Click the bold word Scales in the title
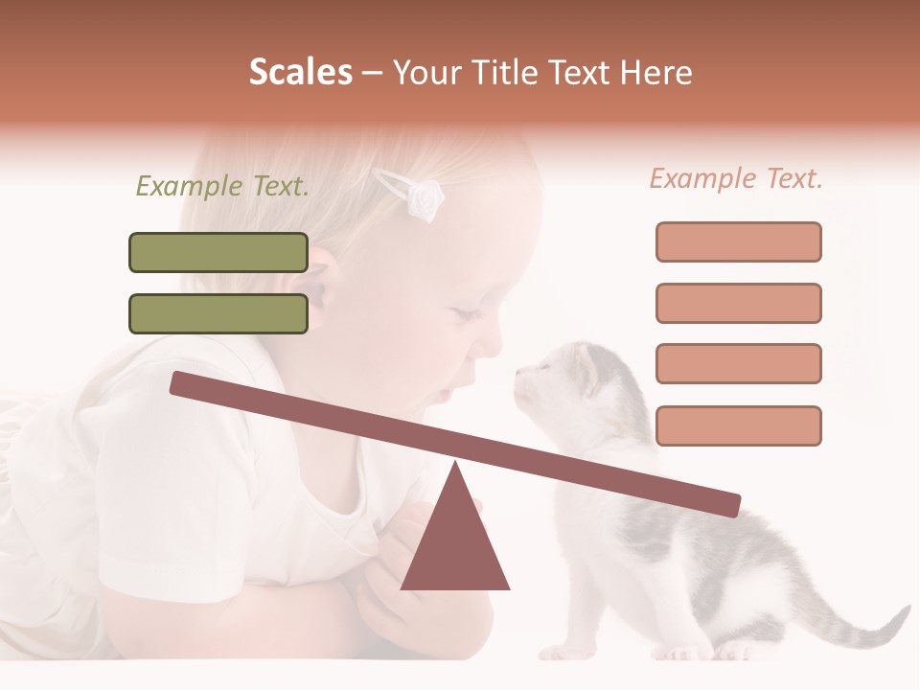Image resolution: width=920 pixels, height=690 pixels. (x=300, y=73)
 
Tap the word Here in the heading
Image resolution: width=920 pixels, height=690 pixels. (x=656, y=73)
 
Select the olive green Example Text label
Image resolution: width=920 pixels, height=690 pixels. (x=222, y=187)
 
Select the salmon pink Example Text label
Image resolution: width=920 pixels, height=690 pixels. (x=736, y=178)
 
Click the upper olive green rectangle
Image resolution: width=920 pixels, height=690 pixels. (x=218, y=252)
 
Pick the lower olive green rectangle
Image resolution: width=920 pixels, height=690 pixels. (x=218, y=313)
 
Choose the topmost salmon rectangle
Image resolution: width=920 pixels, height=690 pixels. (x=738, y=241)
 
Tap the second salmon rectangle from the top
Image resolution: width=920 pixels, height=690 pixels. (x=738, y=303)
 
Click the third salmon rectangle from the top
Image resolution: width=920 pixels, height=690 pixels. (x=738, y=363)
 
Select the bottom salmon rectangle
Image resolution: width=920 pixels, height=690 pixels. (x=738, y=425)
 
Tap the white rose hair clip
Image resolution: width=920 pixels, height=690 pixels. (x=422, y=197)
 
